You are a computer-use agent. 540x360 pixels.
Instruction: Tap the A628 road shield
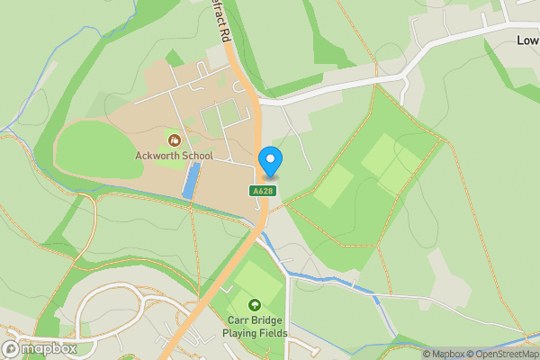(262, 191)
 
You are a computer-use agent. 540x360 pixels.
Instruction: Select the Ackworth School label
(174, 156)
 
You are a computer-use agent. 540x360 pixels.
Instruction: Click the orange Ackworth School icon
(174, 139)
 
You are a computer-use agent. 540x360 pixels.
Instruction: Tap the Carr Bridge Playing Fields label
(255, 327)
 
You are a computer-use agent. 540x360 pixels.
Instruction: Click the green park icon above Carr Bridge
(255, 305)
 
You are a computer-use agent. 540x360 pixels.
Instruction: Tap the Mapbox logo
(40, 348)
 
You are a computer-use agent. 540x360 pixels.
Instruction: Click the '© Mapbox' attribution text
(443, 354)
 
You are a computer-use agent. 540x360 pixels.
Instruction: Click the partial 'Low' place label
(527, 40)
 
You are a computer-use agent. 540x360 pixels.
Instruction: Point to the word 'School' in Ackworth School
(196, 156)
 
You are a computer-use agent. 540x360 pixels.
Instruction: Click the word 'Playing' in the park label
(241, 333)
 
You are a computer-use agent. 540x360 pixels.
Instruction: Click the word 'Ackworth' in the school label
(156, 156)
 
